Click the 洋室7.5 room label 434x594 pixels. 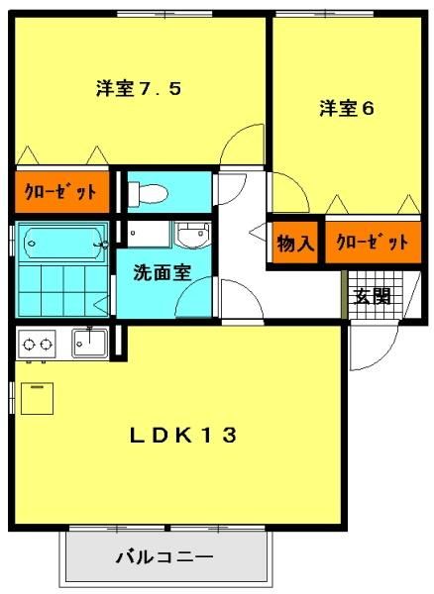139,88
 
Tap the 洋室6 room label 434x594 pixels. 347,108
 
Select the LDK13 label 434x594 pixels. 183,435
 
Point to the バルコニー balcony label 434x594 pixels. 164,557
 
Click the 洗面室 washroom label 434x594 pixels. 163,272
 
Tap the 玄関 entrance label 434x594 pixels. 373,296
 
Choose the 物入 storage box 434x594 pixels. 295,243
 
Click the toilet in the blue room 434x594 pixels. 148,194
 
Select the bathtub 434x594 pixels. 62,243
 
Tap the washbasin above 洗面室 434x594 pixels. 193,234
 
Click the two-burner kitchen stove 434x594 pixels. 37,344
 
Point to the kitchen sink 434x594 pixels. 90,343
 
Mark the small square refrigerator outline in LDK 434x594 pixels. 37,398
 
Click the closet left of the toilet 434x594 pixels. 62,192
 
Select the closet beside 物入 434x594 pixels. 373,243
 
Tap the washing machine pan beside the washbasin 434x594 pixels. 149,234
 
